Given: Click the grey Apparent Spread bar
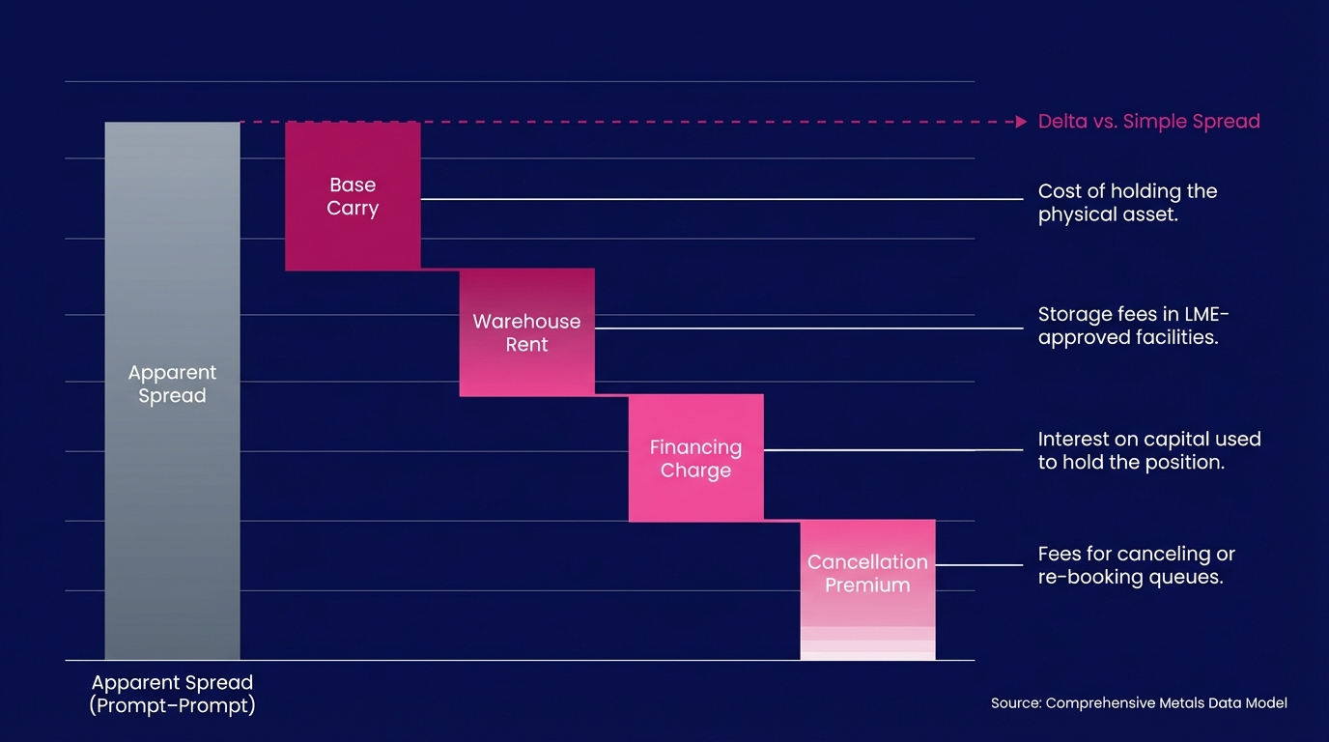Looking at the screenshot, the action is coord(173,390).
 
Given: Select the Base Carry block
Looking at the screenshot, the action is coord(353,196).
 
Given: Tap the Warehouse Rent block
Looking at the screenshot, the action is coord(526,332).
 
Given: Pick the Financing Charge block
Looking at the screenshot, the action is coord(696,458).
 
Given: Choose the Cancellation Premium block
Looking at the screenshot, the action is coord(868,590).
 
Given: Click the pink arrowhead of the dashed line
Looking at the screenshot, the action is coord(1021,122).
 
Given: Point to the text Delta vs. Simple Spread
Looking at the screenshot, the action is coord(1148,121).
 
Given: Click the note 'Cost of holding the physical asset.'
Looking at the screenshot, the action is coord(1127,203).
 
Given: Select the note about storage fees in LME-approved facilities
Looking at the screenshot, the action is coord(1133,326).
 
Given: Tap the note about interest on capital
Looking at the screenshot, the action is coord(1149,450).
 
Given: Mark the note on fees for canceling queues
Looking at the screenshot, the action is coord(1136,565).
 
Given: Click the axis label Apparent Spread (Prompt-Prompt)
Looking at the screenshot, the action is coord(172,694).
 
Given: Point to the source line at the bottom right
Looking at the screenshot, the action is coord(1139,702).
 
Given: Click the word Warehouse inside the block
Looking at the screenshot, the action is coord(526,321).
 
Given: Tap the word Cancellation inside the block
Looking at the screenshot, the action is coord(867,561).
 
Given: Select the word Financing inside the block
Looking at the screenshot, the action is coord(696,447).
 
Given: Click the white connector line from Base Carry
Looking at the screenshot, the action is coord(722,199).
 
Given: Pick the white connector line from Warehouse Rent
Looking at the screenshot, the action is coord(809,328).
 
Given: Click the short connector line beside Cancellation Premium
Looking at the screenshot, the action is coord(979,564).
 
